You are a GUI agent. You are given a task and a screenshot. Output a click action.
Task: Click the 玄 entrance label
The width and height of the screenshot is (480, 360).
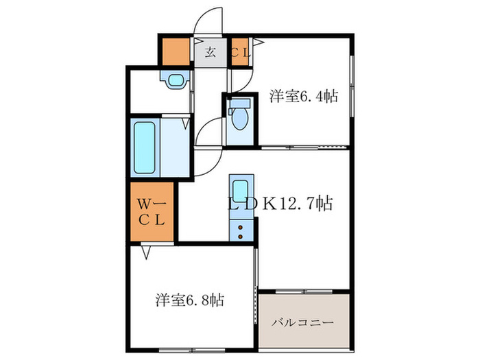point(211,53)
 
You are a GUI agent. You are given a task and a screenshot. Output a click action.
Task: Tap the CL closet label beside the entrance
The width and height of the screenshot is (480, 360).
point(239,52)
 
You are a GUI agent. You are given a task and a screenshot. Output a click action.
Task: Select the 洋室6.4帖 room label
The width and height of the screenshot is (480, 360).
point(303,96)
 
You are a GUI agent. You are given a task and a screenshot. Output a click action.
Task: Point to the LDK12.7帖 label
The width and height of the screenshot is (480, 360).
point(280,204)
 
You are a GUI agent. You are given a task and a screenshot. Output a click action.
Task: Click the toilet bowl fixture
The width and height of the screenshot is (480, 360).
point(239,119)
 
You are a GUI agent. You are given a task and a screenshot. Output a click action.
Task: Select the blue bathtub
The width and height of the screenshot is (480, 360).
point(144,147)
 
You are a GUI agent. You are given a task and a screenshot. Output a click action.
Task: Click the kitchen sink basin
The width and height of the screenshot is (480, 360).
point(240,190)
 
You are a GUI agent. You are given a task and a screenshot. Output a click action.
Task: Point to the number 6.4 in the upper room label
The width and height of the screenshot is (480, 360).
point(311,96)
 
